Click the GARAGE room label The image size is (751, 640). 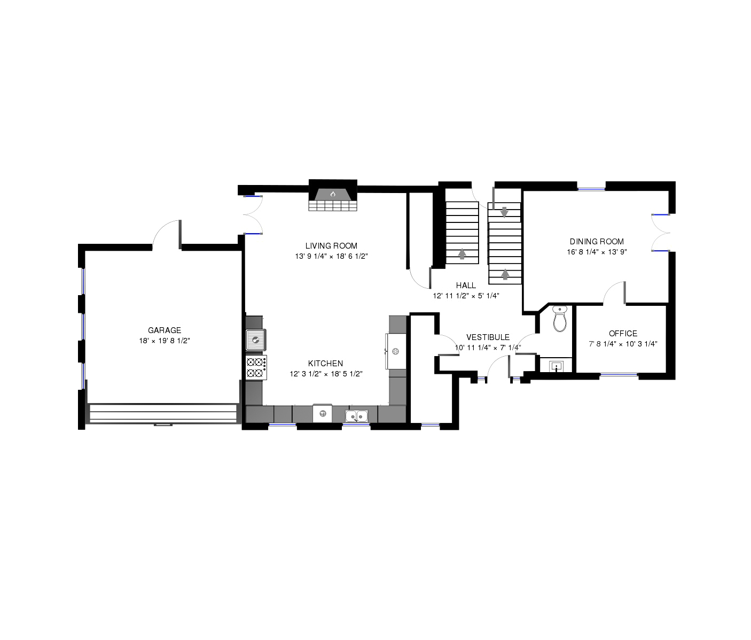[164, 330]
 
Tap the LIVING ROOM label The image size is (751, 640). [331, 246]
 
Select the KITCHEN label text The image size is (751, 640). [325, 363]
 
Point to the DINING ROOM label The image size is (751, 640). [597, 242]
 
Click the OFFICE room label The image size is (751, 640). [623, 334]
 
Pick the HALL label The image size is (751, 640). [466, 286]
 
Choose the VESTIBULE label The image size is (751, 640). [488, 337]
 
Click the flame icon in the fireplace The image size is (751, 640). [332, 194]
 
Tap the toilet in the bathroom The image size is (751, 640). [560, 319]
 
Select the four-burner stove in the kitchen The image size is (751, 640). [256, 368]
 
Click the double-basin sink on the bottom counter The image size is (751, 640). [356, 415]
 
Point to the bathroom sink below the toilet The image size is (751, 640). [556, 366]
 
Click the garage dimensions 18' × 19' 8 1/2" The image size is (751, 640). [164, 341]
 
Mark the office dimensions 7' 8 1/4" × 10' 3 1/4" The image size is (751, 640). [623, 344]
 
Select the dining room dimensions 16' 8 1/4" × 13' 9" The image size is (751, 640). [597, 252]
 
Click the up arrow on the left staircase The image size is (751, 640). [462, 254]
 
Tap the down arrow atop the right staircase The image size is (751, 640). [504, 212]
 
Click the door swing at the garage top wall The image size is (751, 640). [167, 235]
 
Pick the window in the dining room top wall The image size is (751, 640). [591, 189]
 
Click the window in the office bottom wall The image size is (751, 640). [619, 375]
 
